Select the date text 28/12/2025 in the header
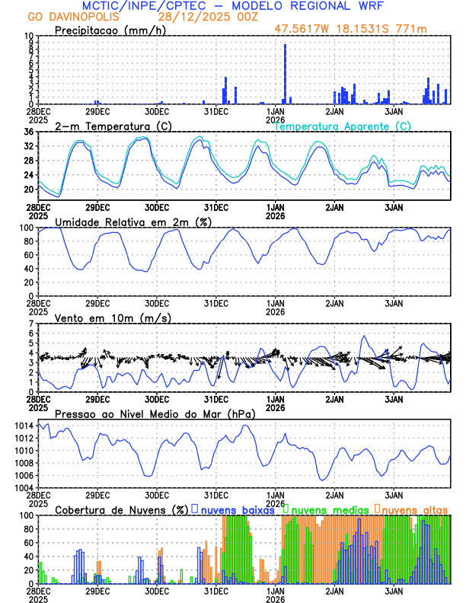click(187, 16)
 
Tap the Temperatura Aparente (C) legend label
click(343, 126)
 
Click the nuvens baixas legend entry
click(236, 509)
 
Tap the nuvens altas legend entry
click(415, 509)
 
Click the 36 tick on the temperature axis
click(28, 132)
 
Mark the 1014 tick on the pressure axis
click(23, 426)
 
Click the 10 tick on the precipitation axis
click(28, 36)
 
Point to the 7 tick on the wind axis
click(31, 324)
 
